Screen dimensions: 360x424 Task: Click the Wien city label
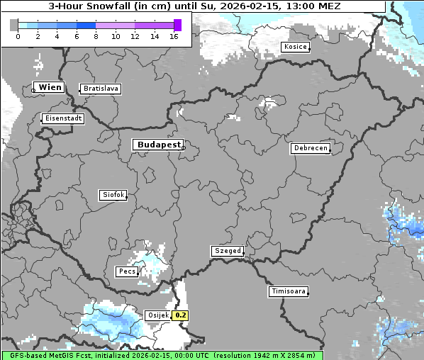50,87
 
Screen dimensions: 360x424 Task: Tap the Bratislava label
100,89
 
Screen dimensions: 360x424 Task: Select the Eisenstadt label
63,118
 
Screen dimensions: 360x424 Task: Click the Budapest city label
158,145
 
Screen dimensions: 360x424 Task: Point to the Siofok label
113,194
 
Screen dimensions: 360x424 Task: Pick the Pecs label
127,271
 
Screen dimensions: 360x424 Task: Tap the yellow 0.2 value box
181,315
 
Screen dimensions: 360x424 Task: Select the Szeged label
228,251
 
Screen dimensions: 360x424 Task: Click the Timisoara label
289,291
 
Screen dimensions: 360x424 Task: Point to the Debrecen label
310,148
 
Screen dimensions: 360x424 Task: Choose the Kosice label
295,47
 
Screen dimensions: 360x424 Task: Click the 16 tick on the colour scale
174,37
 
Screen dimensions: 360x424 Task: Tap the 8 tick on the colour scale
96,37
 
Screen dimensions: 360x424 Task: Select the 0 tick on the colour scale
18,37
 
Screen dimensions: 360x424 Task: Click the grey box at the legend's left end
14,25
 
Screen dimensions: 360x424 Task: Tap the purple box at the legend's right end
177,25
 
